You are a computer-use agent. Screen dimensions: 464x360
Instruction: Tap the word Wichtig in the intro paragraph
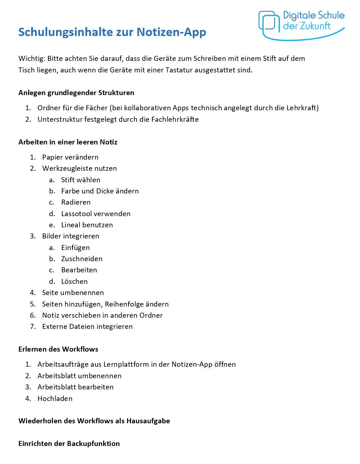click(31, 59)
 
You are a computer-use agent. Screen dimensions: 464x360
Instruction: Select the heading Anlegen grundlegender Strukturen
click(76, 93)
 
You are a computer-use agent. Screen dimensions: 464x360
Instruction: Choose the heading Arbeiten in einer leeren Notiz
click(68, 142)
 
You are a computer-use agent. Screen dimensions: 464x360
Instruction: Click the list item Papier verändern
click(70, 157)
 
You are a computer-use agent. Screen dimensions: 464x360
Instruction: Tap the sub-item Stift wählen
click(81, 180)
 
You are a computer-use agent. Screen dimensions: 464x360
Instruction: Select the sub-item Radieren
click(76, 202)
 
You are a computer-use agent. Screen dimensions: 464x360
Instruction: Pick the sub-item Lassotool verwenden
click(95, 214)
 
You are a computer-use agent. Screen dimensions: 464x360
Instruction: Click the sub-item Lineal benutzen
click(87, 225)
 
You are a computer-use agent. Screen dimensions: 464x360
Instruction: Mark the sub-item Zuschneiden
click(82, 259)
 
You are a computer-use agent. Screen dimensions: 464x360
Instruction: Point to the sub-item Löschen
click(74, 281)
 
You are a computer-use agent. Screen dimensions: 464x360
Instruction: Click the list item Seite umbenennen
click(73, 293)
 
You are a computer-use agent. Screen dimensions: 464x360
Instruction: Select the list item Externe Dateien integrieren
click(87, 326)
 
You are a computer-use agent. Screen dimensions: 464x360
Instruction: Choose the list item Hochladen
click(55, 398)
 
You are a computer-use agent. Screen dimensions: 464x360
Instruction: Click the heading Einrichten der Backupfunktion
click(69, 443)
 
